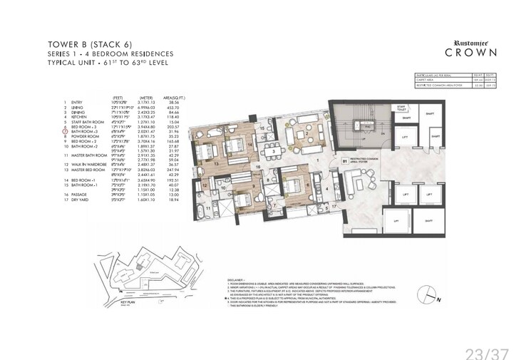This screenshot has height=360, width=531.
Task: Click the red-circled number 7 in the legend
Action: (65, 133)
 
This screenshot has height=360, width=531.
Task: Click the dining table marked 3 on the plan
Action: (274, 151)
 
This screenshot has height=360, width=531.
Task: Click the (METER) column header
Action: (145, 96)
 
